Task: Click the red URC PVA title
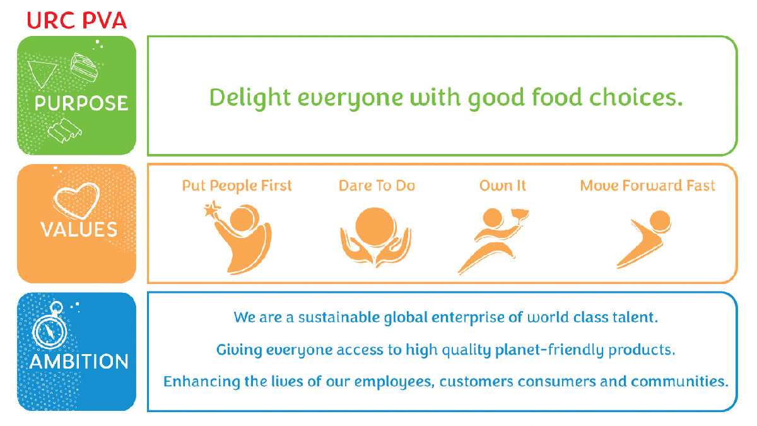point(77,21)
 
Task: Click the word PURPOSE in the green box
point(81,103)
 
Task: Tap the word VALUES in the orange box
point(79,230)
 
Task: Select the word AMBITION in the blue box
point(79,362)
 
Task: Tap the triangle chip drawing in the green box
point(42,73)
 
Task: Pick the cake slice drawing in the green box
point(84,68)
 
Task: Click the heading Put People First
point(237,186)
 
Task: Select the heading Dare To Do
point(377,186)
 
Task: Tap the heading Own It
point(503,186)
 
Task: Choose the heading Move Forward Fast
point(647,186)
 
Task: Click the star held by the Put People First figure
point(212,210)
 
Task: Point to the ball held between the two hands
point(375,227)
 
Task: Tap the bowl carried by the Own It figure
point(520,215)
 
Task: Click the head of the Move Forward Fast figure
point(660,222)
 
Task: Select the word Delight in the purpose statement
point(250,98)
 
